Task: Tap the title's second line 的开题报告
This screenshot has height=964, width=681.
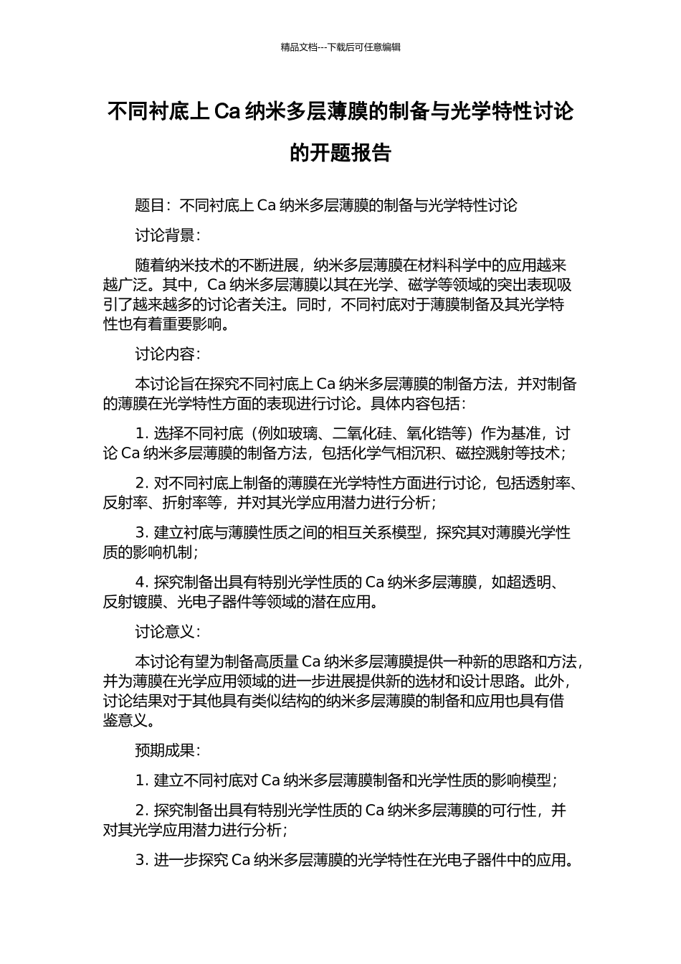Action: (x=340, y=153)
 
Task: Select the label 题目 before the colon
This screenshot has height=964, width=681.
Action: (x=150, y=206)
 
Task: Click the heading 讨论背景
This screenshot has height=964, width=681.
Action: (x=164, y=235)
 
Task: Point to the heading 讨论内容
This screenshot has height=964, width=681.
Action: (x=164, y=354)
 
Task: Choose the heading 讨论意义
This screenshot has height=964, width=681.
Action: (x=164, y=632)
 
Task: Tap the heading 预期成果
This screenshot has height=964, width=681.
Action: (x=164, y=751)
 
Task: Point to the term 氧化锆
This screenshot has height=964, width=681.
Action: (x=430, y=434)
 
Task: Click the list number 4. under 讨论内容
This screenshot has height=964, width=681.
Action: (x=141, y=582)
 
